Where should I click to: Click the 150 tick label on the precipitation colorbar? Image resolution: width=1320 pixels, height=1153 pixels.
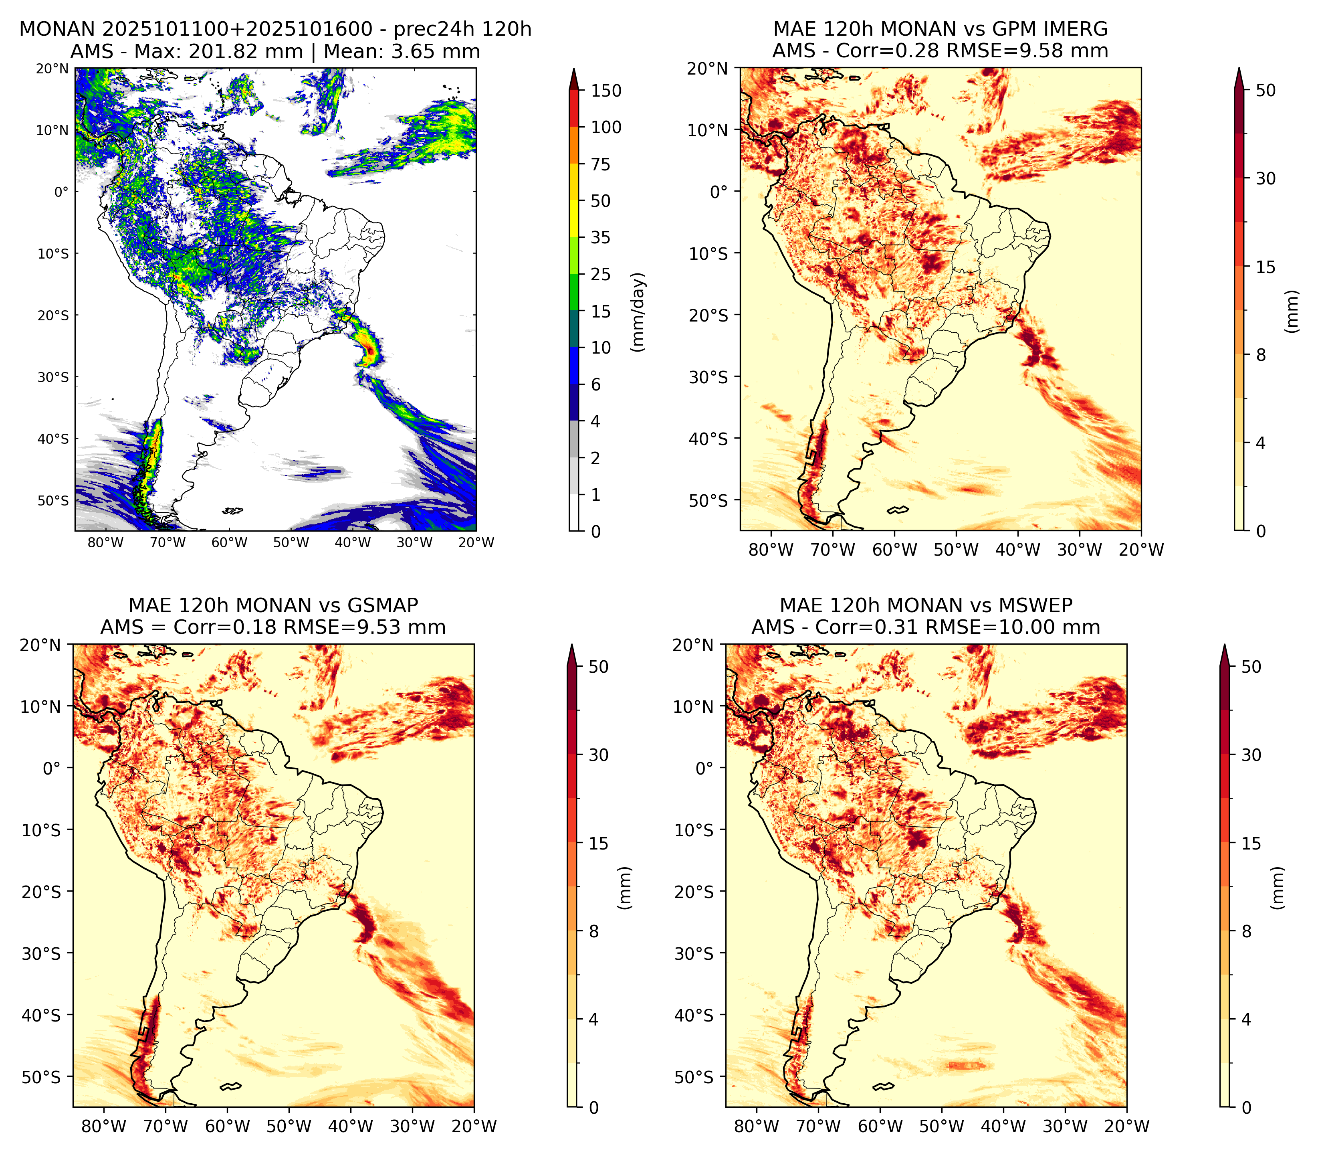[606, 91]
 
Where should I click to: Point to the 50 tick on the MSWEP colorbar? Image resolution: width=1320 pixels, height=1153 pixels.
[1251, 667]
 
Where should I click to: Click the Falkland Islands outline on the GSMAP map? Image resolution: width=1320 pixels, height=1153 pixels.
[231, 1087]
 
